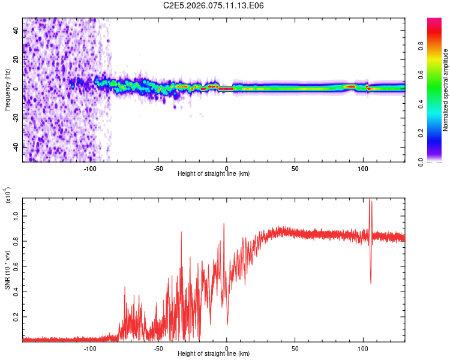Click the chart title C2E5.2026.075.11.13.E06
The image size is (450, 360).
coord(214,5)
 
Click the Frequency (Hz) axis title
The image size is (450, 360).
coord(7,90)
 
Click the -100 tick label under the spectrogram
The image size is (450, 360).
coord(90,168)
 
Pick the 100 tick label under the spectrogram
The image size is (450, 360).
coord(363,168)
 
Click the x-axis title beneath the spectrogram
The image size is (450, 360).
coord(214,174)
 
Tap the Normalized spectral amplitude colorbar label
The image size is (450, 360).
coord(446,90)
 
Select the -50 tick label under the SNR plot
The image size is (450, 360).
coord(158,348)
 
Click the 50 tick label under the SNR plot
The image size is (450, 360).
coord(295,348)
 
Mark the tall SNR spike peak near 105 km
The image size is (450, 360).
coord(370,200)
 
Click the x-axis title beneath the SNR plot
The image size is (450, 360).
coord(214,354)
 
